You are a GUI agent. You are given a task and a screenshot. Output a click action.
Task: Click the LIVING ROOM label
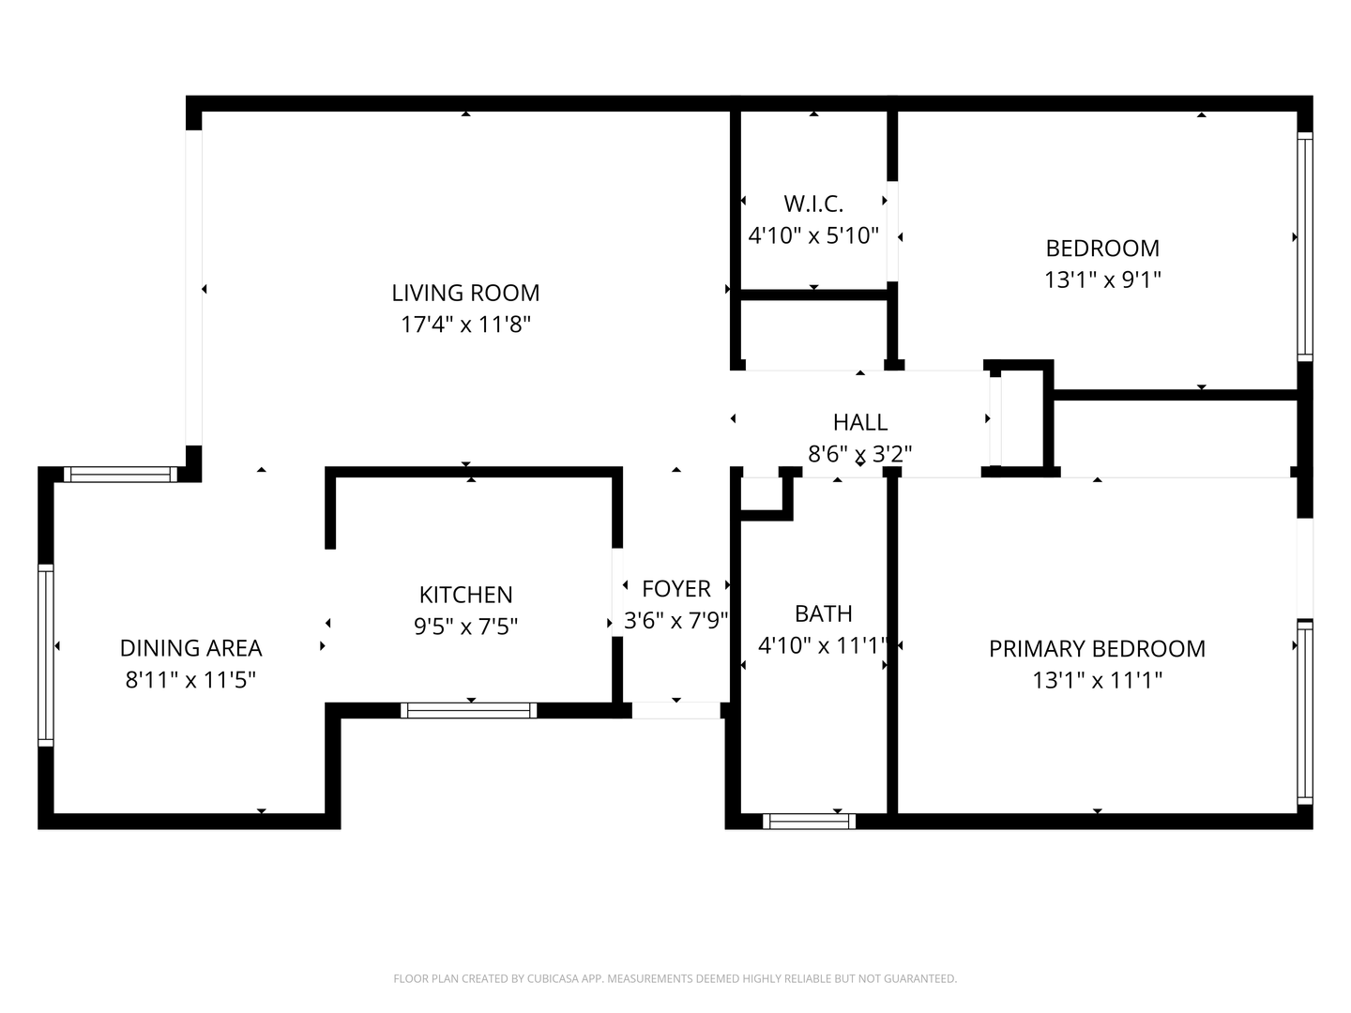pyautogui.click(x=465, y=293)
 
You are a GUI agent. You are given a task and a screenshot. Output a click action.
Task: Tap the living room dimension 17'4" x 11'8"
pyautogui.click(x=465, y=325)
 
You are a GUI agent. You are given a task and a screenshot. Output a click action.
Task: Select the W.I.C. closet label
pyautogui.click(x=813, y=204)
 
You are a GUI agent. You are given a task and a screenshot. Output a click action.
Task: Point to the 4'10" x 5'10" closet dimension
pyautogui.click(x=813, y=234)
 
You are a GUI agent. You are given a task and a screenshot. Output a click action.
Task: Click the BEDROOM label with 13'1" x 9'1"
pyautogui.click(x=1102, y=249)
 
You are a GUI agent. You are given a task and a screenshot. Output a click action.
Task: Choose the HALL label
pyautogui.click(x=860, y=422)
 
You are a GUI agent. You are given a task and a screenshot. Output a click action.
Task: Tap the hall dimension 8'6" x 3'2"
pyautogui.click(x=860, y=454)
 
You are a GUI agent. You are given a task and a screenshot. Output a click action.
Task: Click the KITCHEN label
pyautogui.click(x=465, y=595)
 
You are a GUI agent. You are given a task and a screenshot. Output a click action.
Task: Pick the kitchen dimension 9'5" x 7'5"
pyautogui.click(x=465, y=626)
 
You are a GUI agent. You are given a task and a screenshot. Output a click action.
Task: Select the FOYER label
pyautogui.click(x=675, y=589)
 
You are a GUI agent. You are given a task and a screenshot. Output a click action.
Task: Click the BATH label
pyautogui.click(x=823, y=613)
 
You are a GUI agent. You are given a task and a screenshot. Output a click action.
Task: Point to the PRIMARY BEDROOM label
pyautogui.click(x=1097, y=648)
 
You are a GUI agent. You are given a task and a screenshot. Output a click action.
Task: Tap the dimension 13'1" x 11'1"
pyautogui.click(x=1097, y=680)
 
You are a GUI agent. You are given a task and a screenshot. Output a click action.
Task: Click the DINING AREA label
pyautogui.click(x=190, y=648)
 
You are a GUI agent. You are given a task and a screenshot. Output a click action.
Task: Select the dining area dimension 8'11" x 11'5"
pyautogui.click(x=190, y=679)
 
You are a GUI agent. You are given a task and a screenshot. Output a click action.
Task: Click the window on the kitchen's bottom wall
pyautogui.click(x=469, y=710)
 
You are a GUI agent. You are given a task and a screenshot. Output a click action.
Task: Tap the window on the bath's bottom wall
pyautogui.click(x=809, y=822)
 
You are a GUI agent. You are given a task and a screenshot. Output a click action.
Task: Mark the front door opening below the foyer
pyautogui.click(x=675, y=710)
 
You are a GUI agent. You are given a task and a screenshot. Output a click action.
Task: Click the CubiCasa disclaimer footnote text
pyautogui.click(x=675, y=978)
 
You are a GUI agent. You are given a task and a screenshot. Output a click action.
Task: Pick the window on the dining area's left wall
pyautogui.click(x=45, y=654)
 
